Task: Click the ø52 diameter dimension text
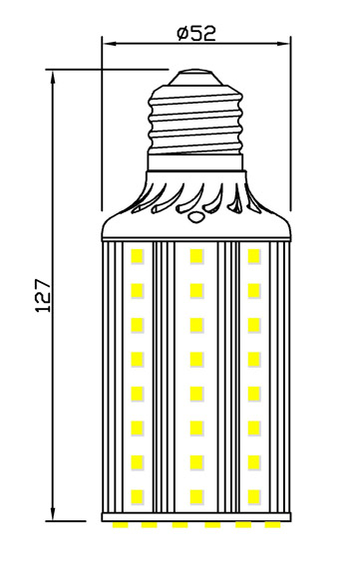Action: [196, 32]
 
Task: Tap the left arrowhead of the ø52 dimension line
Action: [109, 44]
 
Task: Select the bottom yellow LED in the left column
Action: [138, 495]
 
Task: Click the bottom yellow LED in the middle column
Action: [196, 495]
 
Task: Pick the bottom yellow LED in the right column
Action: [255, 495]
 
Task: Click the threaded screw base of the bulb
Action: [196, 120]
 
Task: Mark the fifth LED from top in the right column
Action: [255, 393]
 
